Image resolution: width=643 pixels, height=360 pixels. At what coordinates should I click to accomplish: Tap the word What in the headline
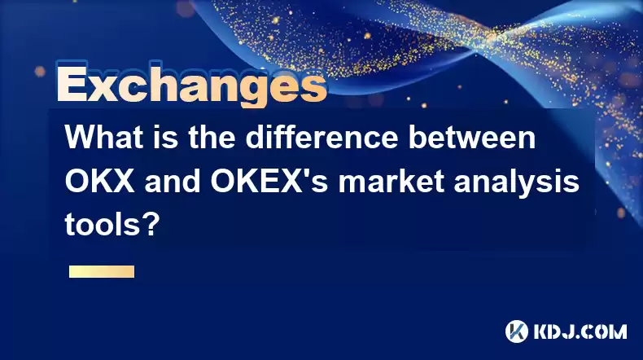(103, 138)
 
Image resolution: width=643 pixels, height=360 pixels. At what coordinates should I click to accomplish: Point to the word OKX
(99, 181)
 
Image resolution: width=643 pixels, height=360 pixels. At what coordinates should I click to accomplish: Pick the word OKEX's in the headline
(269, 181)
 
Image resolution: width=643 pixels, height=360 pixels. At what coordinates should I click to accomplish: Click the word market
(391, 181)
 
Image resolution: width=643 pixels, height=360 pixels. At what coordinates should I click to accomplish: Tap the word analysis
(516, 182)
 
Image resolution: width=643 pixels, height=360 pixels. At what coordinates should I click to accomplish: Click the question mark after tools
(149, 224)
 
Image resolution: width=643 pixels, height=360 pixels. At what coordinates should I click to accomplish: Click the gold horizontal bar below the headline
(102, 272)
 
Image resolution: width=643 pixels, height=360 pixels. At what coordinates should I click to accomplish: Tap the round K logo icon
(517, 331)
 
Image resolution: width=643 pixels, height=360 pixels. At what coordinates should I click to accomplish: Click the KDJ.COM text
(580, 331)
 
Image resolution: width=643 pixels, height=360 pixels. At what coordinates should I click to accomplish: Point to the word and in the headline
(173, 181)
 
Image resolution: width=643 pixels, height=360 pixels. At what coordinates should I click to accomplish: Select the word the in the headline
(212, 138)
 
